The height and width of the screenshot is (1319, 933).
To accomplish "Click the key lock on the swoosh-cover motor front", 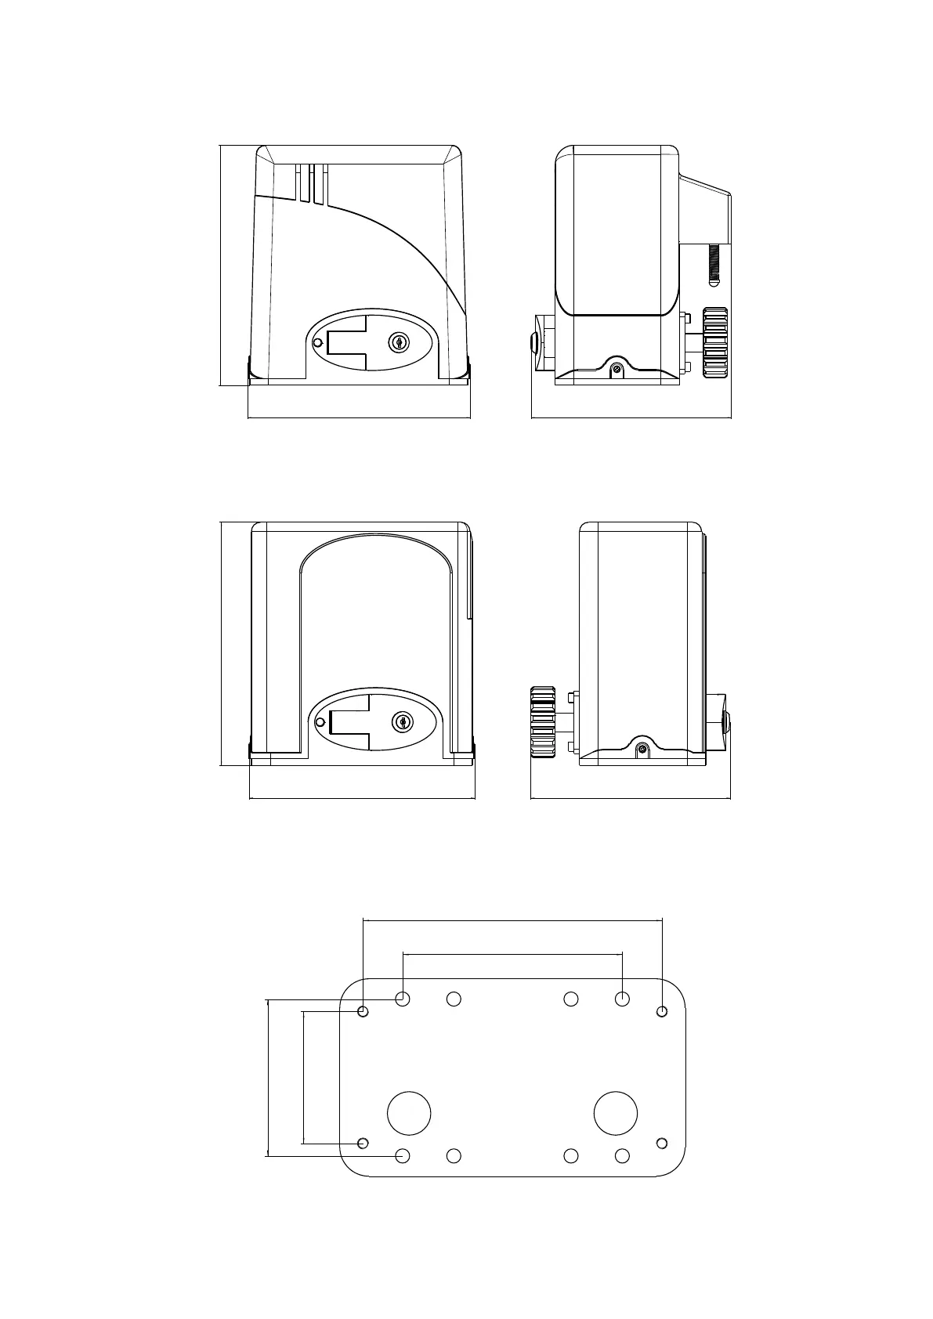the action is pos(400,342).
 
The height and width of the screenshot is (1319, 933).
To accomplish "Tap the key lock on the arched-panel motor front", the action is pos(403,721).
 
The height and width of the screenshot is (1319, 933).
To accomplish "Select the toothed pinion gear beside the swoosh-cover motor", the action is pos(715,343).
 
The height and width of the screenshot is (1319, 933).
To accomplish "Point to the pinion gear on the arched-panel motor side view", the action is pos(543,722).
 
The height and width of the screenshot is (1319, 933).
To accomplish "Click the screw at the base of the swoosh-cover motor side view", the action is pos(617,369).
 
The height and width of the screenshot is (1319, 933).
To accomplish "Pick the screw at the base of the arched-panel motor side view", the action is pos(642,750).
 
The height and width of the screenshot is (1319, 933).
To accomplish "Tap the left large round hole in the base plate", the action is pos(409,1113).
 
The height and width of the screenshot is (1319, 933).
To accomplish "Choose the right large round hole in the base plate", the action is pos(616,1113).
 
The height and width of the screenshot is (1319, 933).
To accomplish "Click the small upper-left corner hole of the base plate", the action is pos(363,1011).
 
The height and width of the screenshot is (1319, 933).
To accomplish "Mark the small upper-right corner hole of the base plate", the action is pos(662,1011).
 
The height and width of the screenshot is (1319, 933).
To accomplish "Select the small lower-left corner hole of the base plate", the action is pos(363,1143).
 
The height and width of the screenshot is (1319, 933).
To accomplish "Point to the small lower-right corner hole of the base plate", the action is pos(662,1143).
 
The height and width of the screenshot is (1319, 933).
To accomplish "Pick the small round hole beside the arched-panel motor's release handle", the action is pos(319,722).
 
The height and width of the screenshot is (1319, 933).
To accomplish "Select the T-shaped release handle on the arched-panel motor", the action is pos(349,721).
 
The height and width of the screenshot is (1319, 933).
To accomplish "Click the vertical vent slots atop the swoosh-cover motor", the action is pos(311,184).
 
